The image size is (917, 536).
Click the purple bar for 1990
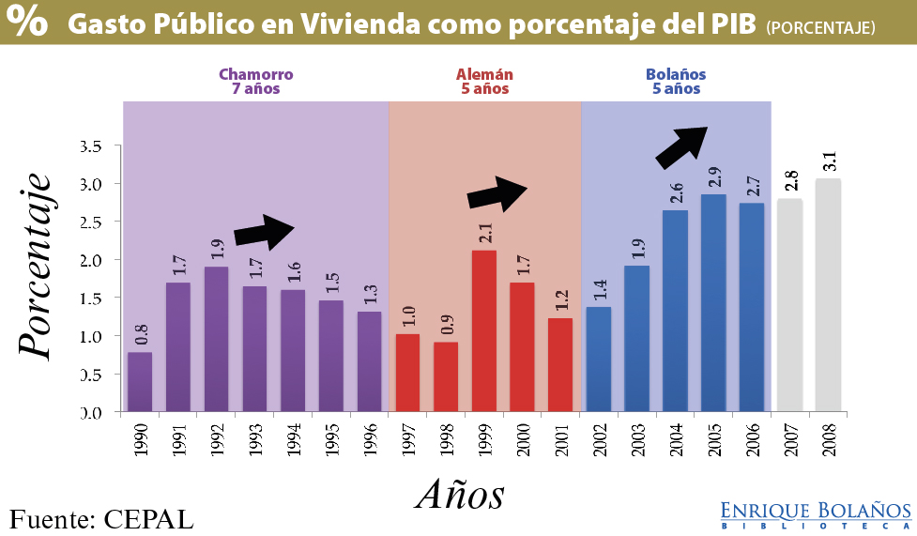click(x=140, y=382)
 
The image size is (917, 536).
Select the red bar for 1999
click(x=483, y=330)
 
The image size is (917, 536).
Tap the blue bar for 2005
click(x=713, y=302)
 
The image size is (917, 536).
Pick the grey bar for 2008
click(x=829, y=295)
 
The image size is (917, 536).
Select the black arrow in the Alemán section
click(x=497, y=192)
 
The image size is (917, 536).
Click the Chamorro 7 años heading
click(x=256, y=82)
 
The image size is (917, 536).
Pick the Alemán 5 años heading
click(x=484, y=82)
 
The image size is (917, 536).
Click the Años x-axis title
click(x=460, y=493)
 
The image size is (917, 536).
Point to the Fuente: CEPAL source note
click(x=101, y=518)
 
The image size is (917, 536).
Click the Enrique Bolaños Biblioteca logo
click(x=816, y=514)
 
